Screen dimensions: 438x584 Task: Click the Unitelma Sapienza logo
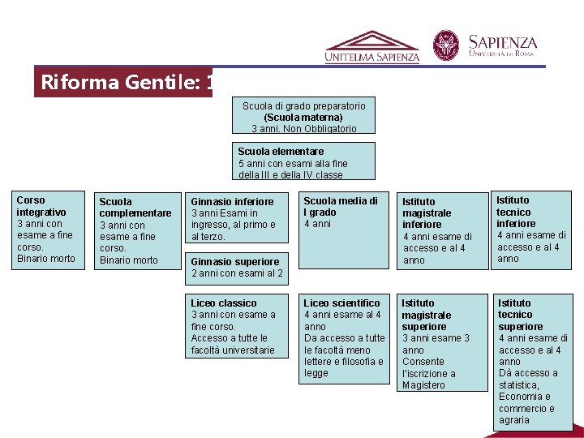(372, 47)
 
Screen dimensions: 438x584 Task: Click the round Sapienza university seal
(445, 45)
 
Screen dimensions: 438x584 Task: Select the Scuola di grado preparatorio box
(303, 116)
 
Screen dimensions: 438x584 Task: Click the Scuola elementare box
(305, 161)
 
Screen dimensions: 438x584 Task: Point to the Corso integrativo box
(49, 230)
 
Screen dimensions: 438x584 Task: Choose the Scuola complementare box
(135, 230)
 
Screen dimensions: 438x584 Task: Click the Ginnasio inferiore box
(238, 217)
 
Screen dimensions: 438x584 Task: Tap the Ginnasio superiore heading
(234, 261)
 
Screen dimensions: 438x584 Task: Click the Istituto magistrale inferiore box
(439, 230)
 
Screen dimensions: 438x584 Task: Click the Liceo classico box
(238, 326)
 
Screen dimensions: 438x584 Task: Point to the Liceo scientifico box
(344, 337)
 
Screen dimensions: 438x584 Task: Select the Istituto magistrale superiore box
(439, 343)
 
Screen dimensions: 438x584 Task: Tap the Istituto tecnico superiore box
(533, 361)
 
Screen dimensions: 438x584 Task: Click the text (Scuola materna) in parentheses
(303, 118)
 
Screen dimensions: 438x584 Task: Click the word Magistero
(423, 385)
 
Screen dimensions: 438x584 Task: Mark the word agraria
(514, 420)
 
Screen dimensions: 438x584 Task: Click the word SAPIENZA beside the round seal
(503, 41)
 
